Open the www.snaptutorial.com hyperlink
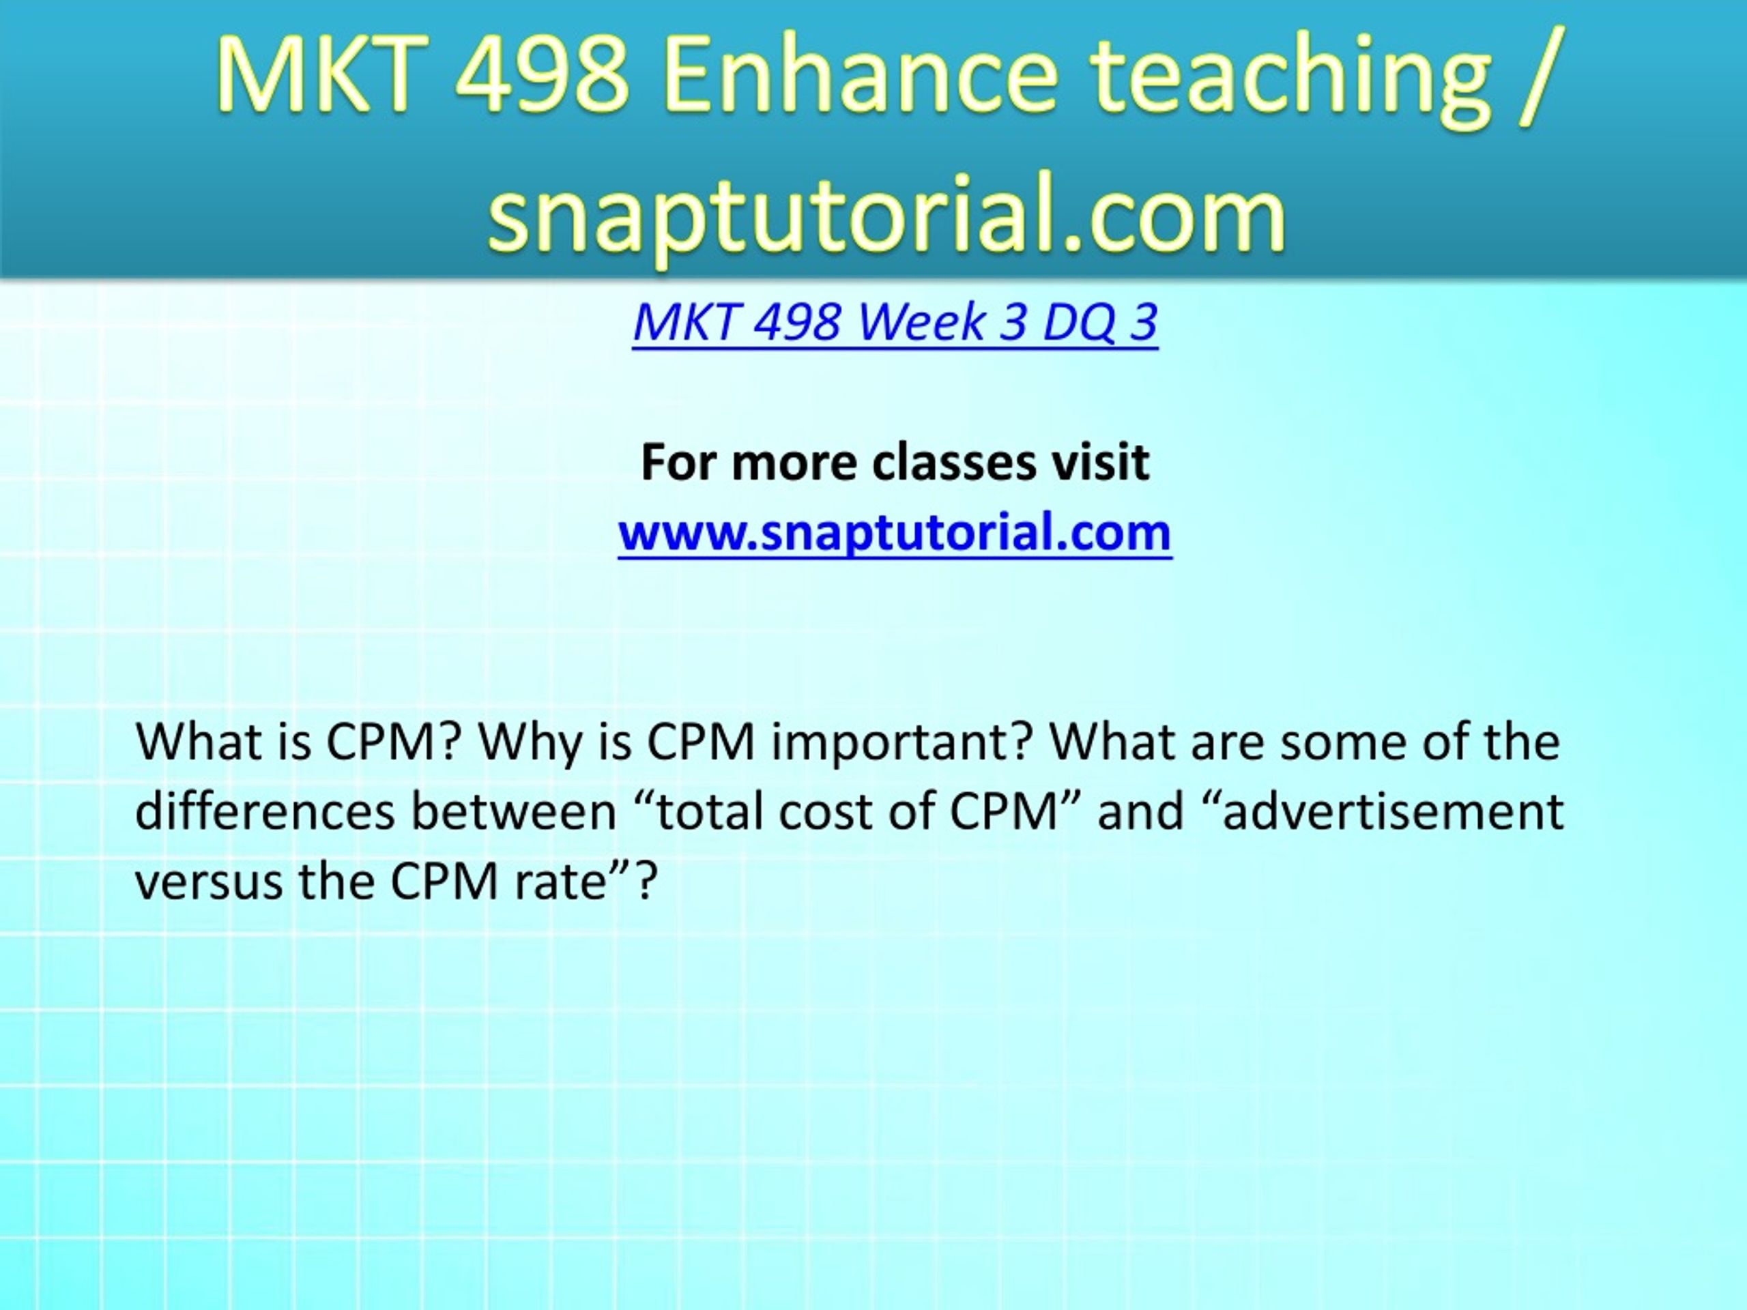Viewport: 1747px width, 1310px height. tap(895, 532)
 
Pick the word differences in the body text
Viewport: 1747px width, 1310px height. tap(265, 812)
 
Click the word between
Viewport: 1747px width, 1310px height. tap(514, 812)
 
